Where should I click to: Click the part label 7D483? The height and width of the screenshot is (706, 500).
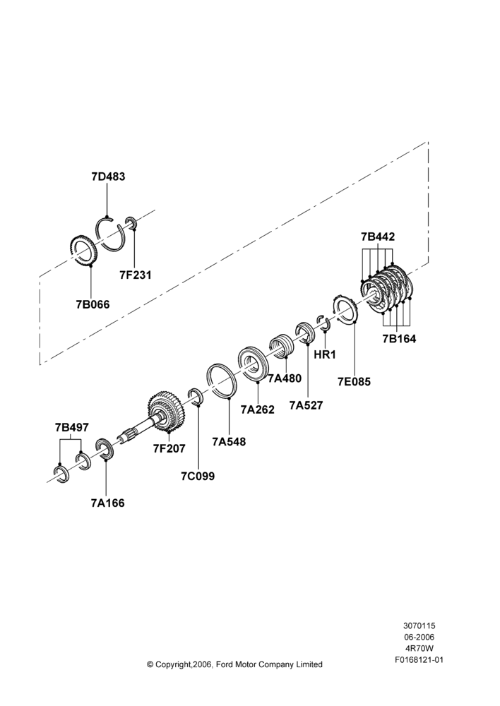click(108, 176)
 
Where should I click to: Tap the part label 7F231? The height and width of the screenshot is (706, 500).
click(136, 275)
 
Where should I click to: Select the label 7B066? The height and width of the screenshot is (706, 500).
click(93, 304)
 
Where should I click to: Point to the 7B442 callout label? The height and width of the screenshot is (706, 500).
click(378, 237)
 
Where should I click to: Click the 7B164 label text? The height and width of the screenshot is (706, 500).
click(399, 339)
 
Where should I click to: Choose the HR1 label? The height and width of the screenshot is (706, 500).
click(325, 354)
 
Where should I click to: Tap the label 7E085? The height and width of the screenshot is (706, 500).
click(354, 382)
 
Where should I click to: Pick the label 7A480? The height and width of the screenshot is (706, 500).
click(285, 378)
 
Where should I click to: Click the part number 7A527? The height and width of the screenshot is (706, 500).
click(306, 406)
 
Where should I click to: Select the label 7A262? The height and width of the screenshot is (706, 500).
click(257, 409)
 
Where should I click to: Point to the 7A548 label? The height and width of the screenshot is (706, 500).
click(230, 442)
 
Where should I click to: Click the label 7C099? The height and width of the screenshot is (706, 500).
click(198, 476)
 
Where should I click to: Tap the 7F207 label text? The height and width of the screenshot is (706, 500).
click(169, 448)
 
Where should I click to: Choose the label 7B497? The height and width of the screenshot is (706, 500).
click(71, 427)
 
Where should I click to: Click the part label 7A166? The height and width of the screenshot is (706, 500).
click(107, 503)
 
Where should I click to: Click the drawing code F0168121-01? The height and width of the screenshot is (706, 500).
click(419, 660)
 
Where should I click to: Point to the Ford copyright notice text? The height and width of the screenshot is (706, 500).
click(234, 664)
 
